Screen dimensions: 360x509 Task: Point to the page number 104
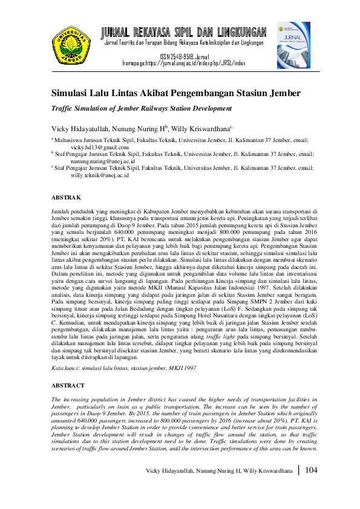(x=312, y=470)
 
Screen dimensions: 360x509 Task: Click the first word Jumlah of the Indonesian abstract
(x=61, y=207)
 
